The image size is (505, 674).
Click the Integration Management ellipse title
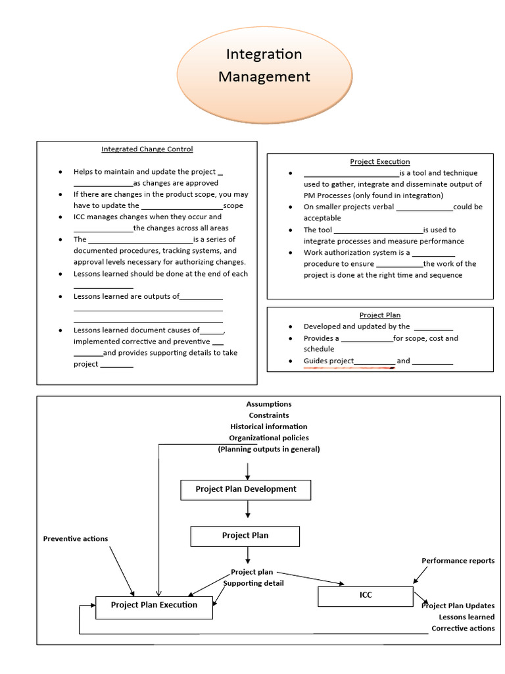coord(264,65)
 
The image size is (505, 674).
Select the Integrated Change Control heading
coord(147,149)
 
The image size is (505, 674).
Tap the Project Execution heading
coord(379,161)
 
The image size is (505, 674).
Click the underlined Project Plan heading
coord(379,315)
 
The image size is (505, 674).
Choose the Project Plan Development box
coord(246,490)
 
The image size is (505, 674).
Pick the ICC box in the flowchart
coord(366,596)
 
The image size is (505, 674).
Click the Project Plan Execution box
coord(154,606)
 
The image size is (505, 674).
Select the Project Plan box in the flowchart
coord(245,536)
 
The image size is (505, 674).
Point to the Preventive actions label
coord(76,539)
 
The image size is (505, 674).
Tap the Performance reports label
coord(458,561)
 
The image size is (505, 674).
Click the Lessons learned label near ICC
coord(467,617)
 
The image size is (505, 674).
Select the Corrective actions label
coord(463,629)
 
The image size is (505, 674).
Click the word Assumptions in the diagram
coord(268,404)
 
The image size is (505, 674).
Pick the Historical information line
coord(268,427)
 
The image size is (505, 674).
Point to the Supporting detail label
coord(254,583)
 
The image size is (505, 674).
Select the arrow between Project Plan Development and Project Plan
coord(247,510)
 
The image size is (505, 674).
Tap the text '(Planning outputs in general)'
coord(268,449)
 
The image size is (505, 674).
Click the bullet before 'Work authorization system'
coord(290,253)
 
